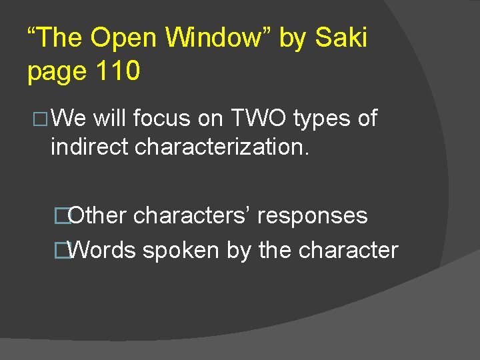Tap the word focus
[162, 119]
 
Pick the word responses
[312, 216]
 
